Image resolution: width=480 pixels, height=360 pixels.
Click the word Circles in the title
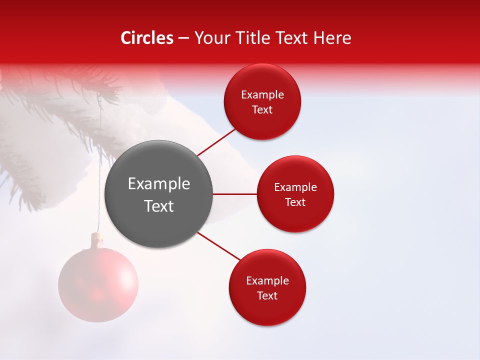coord(147,38)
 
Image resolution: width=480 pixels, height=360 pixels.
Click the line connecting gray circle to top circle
coord(216,142)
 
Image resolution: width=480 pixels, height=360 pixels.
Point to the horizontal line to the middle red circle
coord(234,194)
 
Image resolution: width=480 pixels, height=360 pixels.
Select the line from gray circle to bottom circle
coord(219,246)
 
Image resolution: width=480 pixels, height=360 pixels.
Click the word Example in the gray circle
coord(159,184)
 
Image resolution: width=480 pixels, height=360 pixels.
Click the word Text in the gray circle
coord(159,206)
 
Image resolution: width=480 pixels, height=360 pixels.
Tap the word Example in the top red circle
coord(262,95)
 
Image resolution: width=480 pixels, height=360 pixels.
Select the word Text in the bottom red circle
coord(267,295)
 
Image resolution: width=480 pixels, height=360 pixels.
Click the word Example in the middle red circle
coord(295,187)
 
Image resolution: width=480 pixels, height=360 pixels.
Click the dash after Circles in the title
coord(183,38)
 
